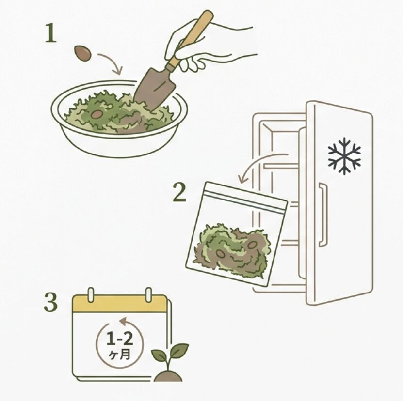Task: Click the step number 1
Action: pyautogui.click(x=50, y=33)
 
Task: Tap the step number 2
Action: pyautogui.click(x=179, y=192)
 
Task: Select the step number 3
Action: pyautogui.click(x=50, y=302)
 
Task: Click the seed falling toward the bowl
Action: pyautogui.click(x=83, y=53)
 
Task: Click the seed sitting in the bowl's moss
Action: pyautogui.click(x=97, y=114)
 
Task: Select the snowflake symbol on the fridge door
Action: pyautogui.click(x=344, y=156)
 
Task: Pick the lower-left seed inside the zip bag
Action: pyautogui.click(x=220, y=254)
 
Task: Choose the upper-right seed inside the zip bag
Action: pyautogui.click(x=252, y=245)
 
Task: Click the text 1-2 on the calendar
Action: pyautogui.click(x=120, y=339)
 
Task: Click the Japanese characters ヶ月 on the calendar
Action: pyautogui.click(x=120, y=355)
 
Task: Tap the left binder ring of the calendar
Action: pyautogui.click(x=91, y=294)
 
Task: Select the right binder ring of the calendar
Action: pyautogui.click(x=148, y=294)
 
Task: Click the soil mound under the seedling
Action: pyautogui.click(x=168, y=377)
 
